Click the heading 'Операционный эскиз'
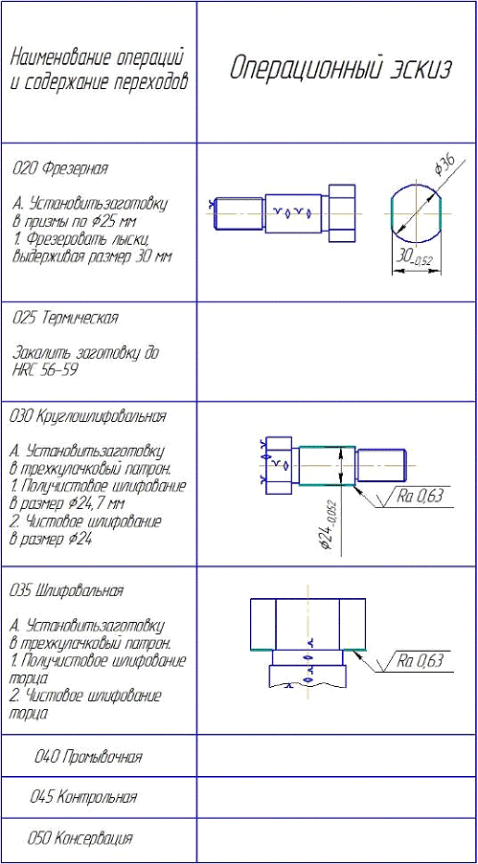click(340, 70)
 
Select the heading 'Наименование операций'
click(97, 57)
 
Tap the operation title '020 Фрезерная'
click(59, 168)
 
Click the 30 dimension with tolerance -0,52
click(415, 257)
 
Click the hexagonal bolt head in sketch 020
click(343, 213)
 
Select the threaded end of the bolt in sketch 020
click(239, 213)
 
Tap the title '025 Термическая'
click(64, 319)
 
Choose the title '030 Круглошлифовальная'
click(88, 416)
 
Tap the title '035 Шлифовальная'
click(66, 591)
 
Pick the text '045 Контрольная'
click(83, 797)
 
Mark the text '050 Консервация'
click(80, 838)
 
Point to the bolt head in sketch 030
click(278, 466)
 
